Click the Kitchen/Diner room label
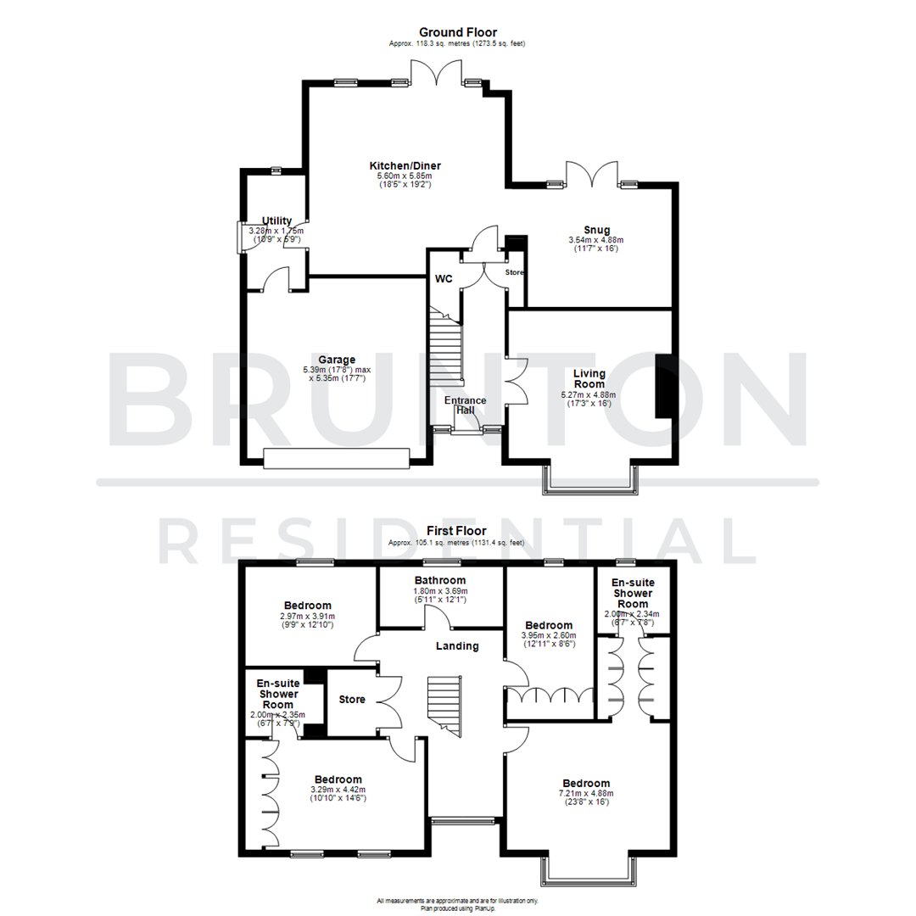pos(404,165)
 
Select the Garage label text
pos(337,359)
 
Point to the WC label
pos(444,279)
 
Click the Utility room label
pos(276,221)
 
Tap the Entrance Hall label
pos(466,405)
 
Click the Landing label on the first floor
pos(458,645)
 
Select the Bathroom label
pos(440,580)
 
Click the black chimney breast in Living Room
pos(664,385)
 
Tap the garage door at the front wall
pos(336,458)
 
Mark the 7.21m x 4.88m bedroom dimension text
pos(586,795)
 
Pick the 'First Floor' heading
pos(456,531)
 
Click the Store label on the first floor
pos(351,700)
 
